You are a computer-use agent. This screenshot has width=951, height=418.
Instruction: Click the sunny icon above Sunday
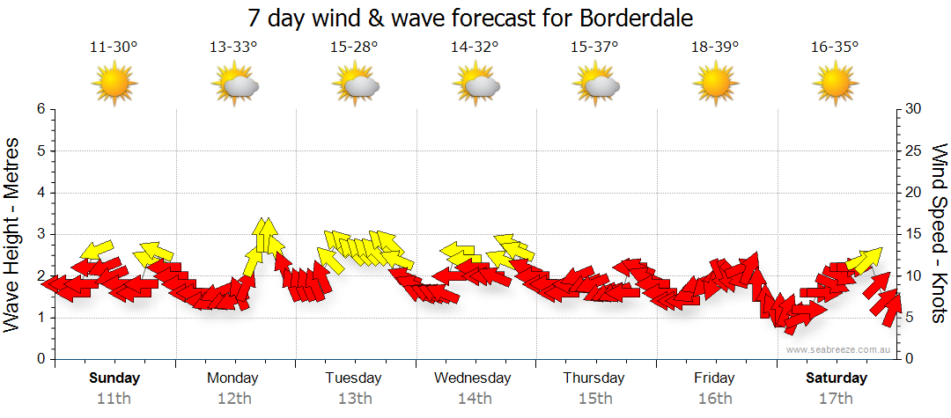[114, 84]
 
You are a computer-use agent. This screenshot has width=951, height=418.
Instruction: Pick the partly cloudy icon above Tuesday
[356, 85]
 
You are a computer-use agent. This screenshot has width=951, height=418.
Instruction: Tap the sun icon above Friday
[715, 84]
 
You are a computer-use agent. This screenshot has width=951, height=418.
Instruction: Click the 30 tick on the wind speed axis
[914, 109]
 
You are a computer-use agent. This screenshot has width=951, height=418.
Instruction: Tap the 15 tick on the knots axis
[914, 234]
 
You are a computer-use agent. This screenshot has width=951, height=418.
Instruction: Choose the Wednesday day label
[472, 378]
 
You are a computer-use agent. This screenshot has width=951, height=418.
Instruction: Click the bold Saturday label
[837, 378]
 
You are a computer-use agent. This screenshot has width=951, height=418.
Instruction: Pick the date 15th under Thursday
[595, 398]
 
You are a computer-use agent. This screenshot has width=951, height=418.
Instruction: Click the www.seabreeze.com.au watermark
[839, 349]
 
